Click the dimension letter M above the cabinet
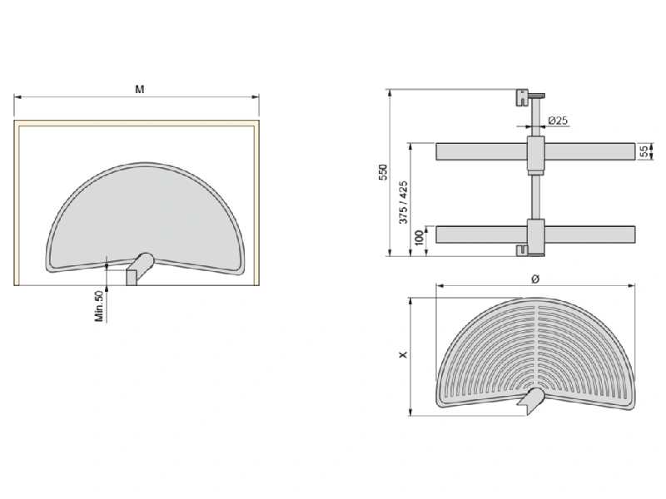click(x=140, y=89)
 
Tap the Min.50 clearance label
click(x=99, y=306)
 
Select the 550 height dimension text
click(x=383, y=172)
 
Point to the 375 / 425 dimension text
click(x=404, y=202)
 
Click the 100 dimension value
click(x=420, y=238)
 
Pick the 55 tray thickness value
click(x=644, y=151)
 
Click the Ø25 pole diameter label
click(x=558, y=121)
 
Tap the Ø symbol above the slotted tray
click(x=535, y=279)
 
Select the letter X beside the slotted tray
click(x=403, y=354)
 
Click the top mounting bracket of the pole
click(x=522, y=97)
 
